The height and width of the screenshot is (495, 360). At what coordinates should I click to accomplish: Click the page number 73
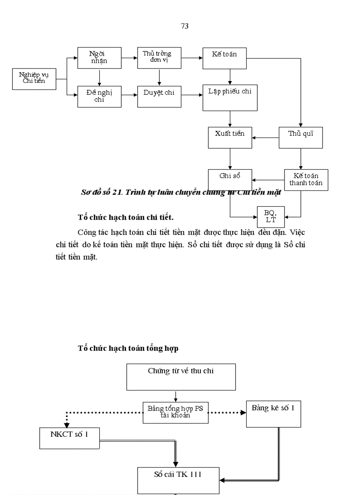(184, 26)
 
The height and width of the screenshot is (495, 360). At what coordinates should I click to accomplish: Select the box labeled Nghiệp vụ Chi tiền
(34, 79)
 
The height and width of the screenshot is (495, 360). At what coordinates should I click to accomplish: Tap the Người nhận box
(100, 58)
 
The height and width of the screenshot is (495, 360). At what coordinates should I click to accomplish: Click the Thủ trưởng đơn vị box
(159, 58)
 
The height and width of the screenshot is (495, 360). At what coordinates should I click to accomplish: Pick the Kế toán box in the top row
(225, 58)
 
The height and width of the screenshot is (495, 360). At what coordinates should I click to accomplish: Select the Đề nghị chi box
(100, 97)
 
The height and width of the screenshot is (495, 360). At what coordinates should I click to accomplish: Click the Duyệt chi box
(159, 97)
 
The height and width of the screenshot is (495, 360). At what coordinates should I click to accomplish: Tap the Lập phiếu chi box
(230, 97)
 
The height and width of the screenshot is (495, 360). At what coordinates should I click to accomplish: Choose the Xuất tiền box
(230, 137)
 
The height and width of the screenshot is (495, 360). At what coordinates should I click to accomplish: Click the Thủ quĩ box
(301, 137)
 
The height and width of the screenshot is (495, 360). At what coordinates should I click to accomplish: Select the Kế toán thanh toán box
(306, 180)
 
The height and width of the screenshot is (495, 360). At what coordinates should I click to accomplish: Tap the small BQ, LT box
(271, 216)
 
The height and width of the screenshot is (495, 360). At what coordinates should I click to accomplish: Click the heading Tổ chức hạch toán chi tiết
(126, 217)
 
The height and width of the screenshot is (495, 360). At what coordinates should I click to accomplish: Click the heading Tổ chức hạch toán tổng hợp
(128, 348)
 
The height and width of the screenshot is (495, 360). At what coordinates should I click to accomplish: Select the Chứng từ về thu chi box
(181, 376)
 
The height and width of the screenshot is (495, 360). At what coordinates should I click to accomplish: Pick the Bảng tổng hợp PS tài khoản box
(176, 413)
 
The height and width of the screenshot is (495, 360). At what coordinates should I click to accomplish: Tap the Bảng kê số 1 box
(273, 414)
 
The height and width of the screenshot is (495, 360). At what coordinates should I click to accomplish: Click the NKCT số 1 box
(69, 438)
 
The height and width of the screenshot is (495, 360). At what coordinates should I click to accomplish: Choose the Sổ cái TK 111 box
(178, 480)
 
